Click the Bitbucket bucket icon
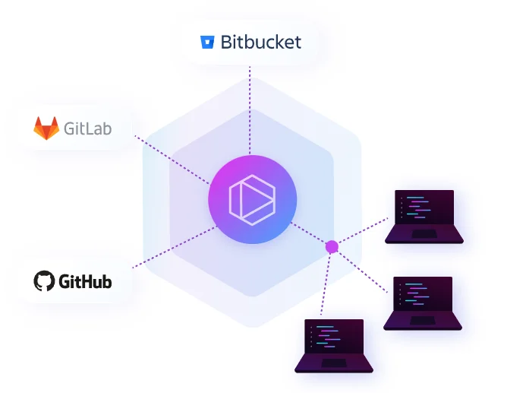point(207,42)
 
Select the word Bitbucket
point(260,42)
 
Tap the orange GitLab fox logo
point(46,128)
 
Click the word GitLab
point(87,128)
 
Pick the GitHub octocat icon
point(45,281)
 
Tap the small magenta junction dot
point(331,246)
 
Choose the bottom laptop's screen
point(335,338)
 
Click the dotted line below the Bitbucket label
point(250,106)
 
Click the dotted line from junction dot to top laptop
point(361,232)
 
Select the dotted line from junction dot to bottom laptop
point(326,281)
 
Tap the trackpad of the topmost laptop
point(424,233)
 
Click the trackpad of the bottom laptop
point(334,363)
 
